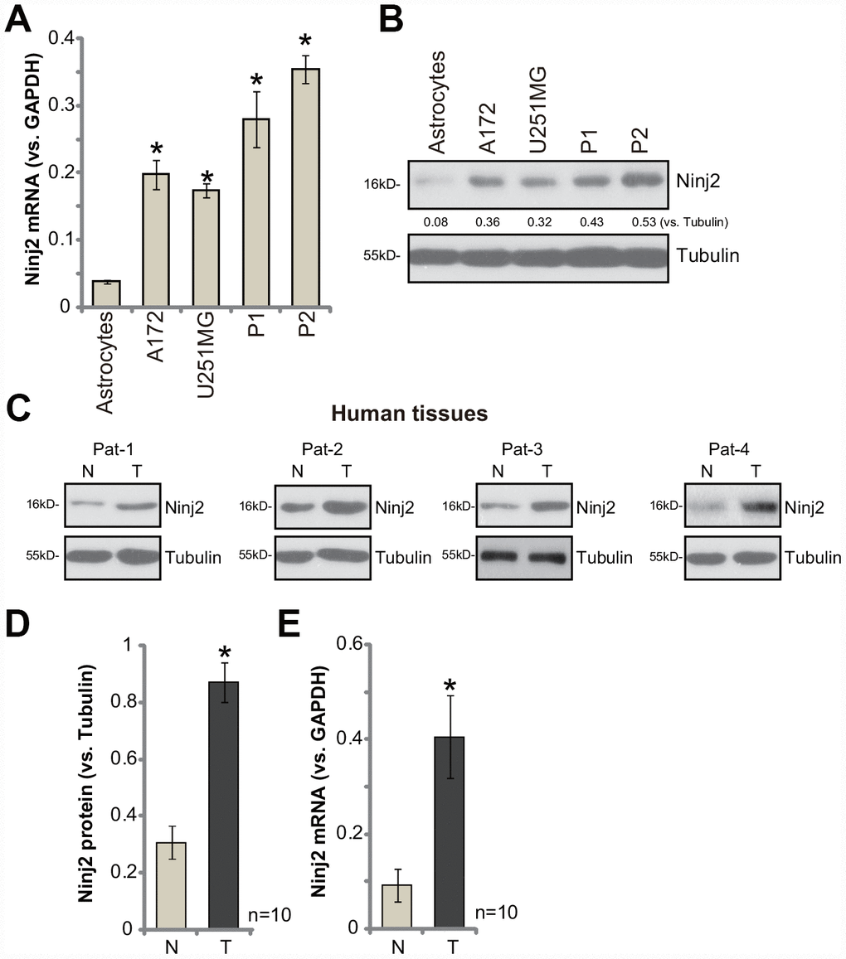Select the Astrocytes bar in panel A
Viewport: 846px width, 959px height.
[106, 294]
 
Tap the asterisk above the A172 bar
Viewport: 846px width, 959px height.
[156, 150]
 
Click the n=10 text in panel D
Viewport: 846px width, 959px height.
[269, 915]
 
